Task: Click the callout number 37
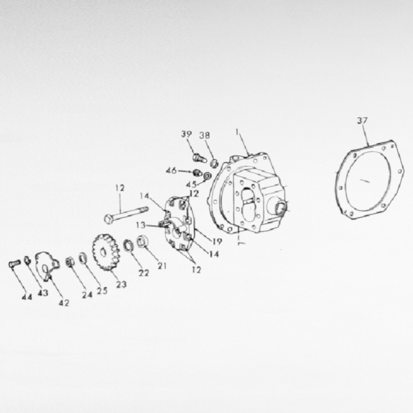coord(362,120)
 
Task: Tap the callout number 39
coord(186,134)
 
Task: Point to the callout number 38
coord(205,135)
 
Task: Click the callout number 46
coord(171,170)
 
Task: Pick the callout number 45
coord(191,184)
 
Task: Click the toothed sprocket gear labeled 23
coord(106,252)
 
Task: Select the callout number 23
coord(121,284)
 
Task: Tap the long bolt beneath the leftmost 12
coord(127,215)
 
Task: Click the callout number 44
coord(27,297)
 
